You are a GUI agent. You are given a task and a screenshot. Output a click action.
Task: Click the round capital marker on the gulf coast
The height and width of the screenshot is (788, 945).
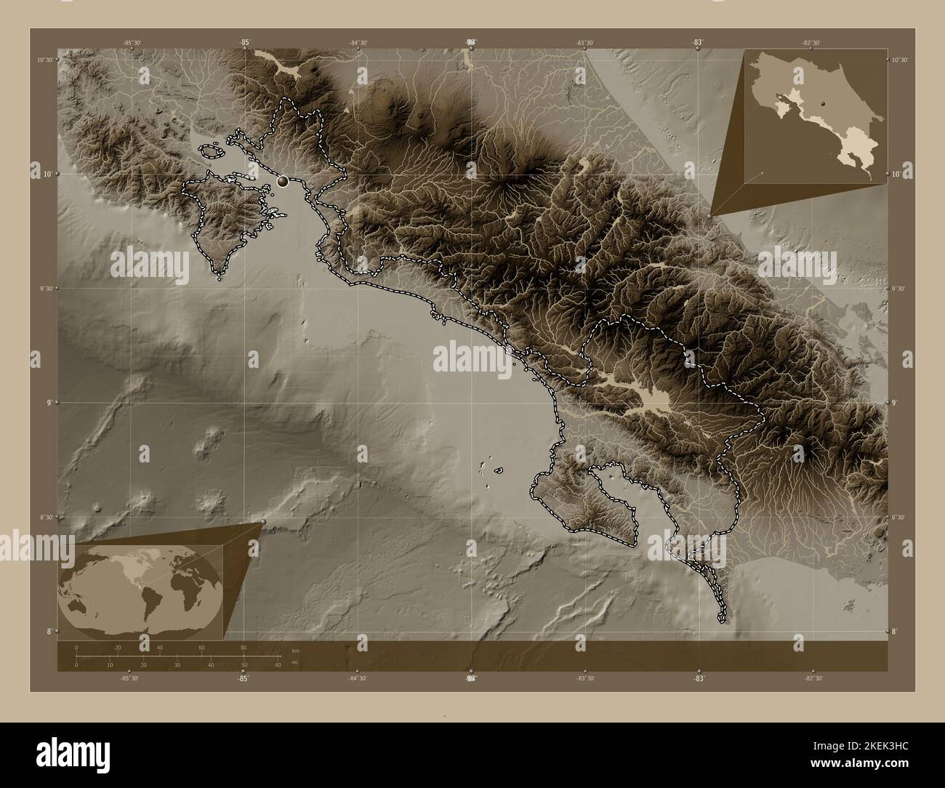pos(283,182)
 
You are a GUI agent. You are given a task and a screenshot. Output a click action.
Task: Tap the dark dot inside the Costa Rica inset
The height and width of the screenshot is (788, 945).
pos(823,105)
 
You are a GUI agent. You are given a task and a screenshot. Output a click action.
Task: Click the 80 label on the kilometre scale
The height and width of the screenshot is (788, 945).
pos(244,647)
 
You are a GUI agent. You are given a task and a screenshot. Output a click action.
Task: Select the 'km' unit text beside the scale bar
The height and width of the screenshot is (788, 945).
pos(295,651)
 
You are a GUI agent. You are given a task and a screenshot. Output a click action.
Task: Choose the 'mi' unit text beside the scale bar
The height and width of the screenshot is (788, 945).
pos(295,662)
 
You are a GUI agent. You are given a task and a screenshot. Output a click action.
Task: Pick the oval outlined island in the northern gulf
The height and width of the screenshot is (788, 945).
pos(211,151)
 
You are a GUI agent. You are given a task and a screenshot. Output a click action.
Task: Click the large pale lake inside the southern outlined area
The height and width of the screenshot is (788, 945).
pos(654,398)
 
